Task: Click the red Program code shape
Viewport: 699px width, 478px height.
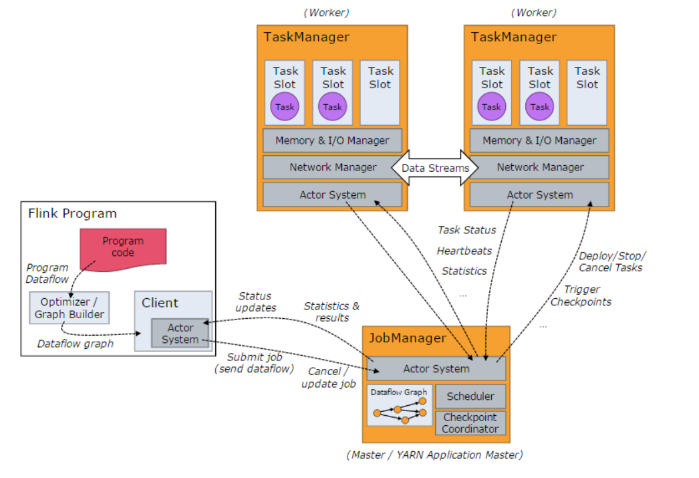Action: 123,248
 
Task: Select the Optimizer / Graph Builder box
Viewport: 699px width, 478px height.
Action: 69,308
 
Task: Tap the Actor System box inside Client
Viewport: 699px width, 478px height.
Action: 180,333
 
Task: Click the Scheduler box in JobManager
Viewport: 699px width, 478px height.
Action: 470,396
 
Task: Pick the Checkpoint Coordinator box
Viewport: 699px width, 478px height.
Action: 470,423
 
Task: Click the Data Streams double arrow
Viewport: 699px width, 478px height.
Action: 435,168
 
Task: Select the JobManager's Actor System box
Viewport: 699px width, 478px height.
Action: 436,369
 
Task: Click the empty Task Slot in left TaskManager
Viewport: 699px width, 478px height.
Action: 380,94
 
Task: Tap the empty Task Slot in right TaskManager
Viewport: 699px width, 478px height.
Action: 587,94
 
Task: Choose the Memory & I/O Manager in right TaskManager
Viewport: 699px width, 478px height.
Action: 539,140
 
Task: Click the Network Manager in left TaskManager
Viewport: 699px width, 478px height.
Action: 333,167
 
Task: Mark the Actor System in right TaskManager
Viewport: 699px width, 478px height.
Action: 539,195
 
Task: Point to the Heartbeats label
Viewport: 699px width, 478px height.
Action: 464,251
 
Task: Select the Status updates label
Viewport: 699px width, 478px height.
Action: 255,302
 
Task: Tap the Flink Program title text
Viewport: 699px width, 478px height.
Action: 72,214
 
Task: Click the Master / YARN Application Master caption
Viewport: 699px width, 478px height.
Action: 434,455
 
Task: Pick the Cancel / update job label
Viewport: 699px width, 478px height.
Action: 328,378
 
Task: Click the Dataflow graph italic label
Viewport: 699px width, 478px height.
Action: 75,344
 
